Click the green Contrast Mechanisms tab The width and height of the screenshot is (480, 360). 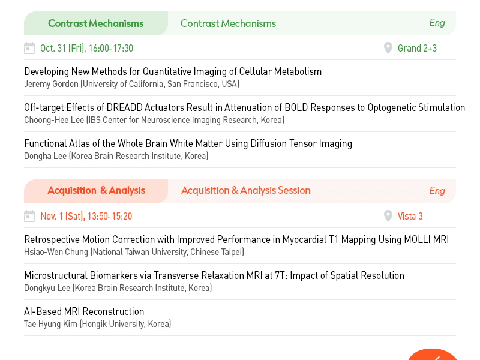[96, 23]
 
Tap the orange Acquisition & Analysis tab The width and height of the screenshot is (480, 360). [96, 191]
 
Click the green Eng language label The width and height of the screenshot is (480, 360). [437, 23]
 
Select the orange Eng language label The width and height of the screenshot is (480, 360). [437, 191]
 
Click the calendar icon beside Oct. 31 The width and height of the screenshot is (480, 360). [29, 48]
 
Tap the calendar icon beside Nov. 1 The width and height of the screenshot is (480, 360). [29, 216]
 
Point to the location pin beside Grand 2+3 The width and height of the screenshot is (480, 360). [388, 48]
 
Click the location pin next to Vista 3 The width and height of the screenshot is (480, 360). [388, 216]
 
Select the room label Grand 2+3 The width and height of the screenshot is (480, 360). [417, 49]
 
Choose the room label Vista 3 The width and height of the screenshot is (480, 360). [410, 217]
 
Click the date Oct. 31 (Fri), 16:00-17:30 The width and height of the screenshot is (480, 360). [86, 49]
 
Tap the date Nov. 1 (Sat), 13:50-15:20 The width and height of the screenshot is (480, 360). [86, 217]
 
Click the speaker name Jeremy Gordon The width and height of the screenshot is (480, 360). [51, 84]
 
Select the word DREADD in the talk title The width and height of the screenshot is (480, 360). [125, 107]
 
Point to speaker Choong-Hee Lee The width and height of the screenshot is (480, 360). [54, 120]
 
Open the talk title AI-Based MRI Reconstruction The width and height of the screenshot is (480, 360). [84, 311]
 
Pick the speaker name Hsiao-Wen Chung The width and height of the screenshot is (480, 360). [56, 252]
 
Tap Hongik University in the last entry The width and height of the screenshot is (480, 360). [113, 324]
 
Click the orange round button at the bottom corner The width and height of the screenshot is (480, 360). [433, 355]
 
